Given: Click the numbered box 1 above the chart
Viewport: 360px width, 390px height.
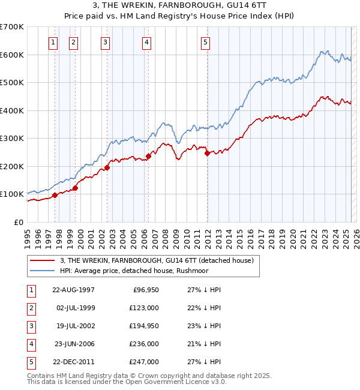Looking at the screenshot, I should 53,42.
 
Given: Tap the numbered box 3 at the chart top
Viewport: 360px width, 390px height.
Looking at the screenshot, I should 105,42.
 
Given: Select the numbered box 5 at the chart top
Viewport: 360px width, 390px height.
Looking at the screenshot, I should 205,42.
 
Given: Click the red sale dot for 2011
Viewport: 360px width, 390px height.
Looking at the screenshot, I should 207,153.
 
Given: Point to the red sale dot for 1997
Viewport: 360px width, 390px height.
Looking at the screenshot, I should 55,195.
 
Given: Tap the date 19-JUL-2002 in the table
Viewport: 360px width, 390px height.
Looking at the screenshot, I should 74,326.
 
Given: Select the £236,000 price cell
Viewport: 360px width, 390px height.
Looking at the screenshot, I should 145,344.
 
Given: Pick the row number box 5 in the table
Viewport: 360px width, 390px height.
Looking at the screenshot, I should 30,362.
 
